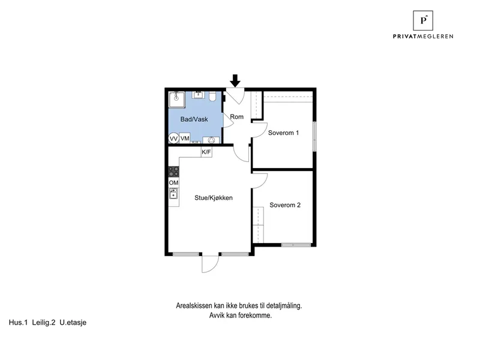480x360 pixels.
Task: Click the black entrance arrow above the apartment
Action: tap(235, 80)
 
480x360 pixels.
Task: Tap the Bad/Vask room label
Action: tap(194, 119)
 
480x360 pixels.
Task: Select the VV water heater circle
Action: tap(174, 139)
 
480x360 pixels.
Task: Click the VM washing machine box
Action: tap(185, 139)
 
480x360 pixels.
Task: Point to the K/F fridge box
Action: tap(206, 152)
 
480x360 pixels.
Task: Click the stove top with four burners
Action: tap(174, 172)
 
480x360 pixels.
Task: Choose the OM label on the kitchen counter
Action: tap(173, 183)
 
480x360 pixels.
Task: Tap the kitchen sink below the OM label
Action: tap(173, 193)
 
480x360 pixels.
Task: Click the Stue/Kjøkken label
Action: tap(214, 198)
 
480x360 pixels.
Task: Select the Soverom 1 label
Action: tap(283, 133)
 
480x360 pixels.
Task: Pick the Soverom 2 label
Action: tap(285, 205)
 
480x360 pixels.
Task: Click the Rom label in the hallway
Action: tap(236, 116)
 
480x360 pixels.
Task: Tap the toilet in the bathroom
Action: tap(212, 97)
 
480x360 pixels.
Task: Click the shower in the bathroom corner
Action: tap(177, 100)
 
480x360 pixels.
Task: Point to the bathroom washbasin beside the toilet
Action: tap(199, 95)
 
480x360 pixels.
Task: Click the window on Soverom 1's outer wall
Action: tap(314, 136)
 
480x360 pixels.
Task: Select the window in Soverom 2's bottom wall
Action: tap(296, 245)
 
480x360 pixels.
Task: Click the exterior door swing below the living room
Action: tap(210, 264)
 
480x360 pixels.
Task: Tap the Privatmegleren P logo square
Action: tap(423, 20)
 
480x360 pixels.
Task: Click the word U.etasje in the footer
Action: tap(73, 322)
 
